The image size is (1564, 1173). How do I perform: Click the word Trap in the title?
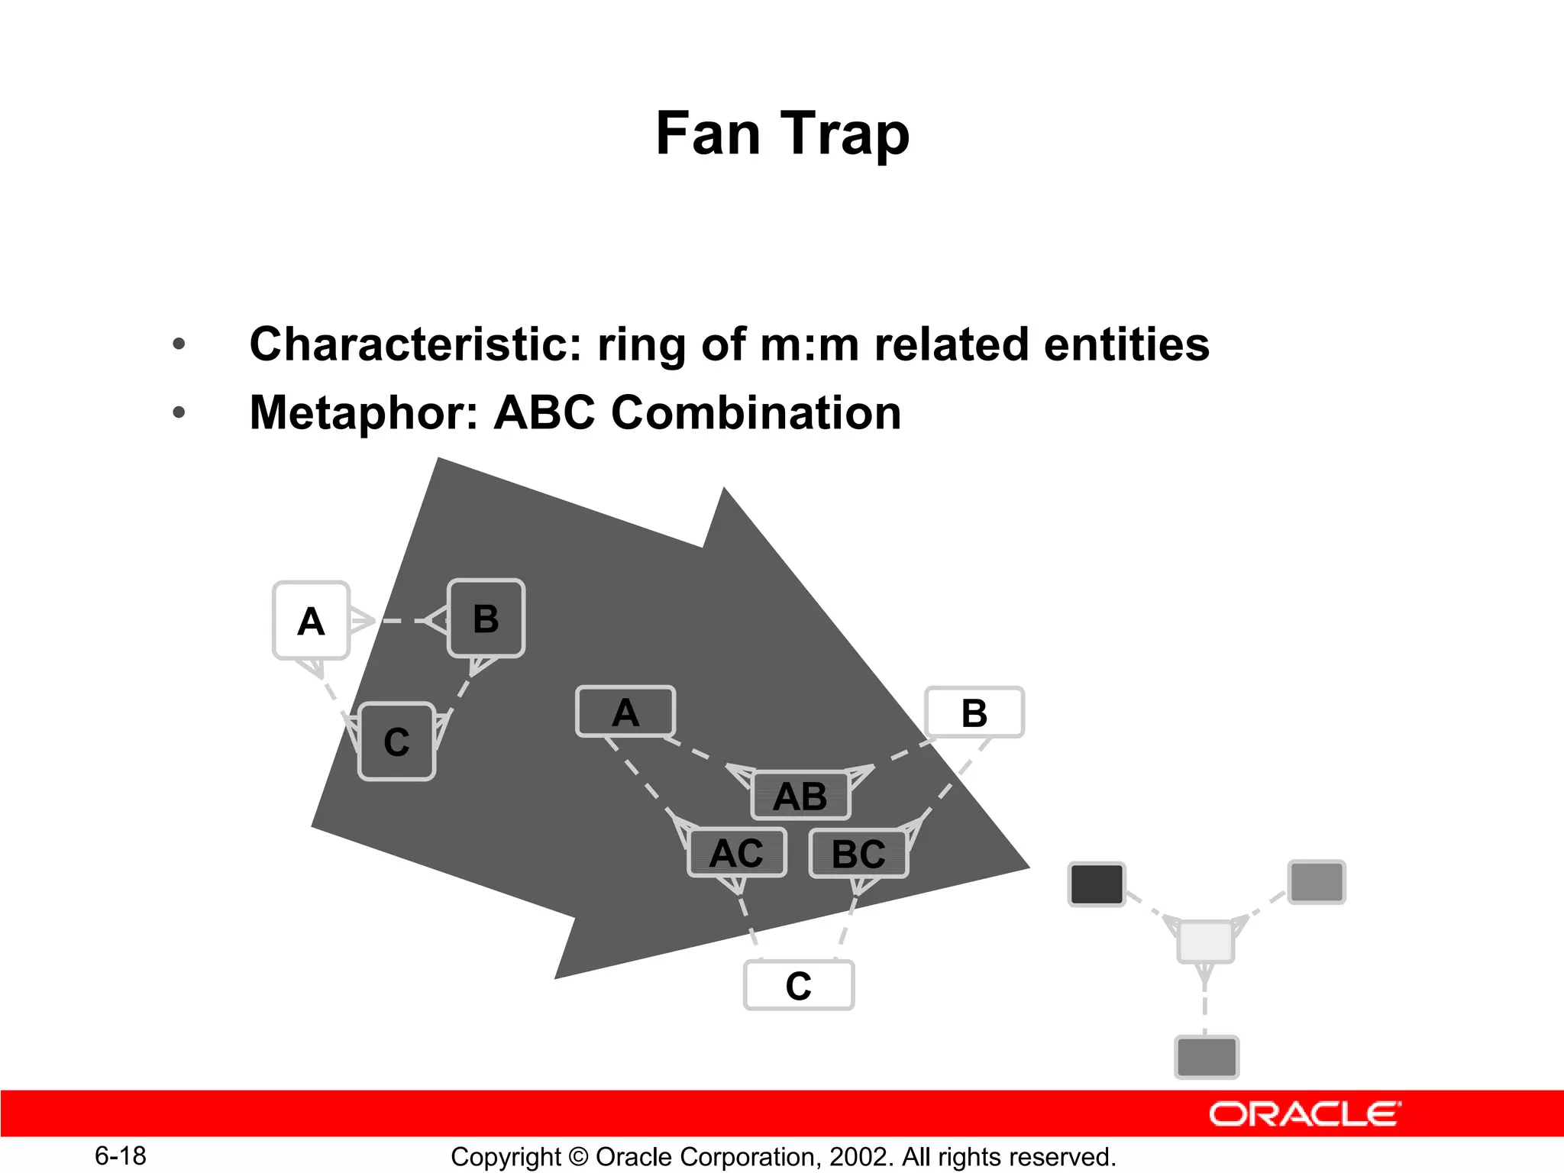pos(845,134)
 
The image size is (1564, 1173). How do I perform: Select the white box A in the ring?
pos(311,620)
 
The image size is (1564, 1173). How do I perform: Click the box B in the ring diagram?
pos(486,619)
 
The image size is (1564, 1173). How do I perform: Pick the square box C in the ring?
pos(396,742)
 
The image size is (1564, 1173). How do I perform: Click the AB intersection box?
pos(800,796)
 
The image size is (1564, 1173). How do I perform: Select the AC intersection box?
pos(737,852)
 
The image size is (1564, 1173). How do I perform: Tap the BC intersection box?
pos(858,853)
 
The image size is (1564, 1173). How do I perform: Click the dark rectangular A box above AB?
pos(625,712)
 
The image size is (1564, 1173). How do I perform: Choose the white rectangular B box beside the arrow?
pos(974,713)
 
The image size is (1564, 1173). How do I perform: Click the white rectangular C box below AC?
pos(799,985)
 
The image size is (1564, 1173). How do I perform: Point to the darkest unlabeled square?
pos(1097,884)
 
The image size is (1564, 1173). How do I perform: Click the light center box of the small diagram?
pos(1205,941)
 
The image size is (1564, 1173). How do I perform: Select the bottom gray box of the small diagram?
pos(1206,1057)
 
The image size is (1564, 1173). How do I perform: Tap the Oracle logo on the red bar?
pos(1304,1114)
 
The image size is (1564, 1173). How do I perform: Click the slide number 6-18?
pos(121,1155)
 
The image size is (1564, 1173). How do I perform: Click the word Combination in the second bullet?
pos(756,413)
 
